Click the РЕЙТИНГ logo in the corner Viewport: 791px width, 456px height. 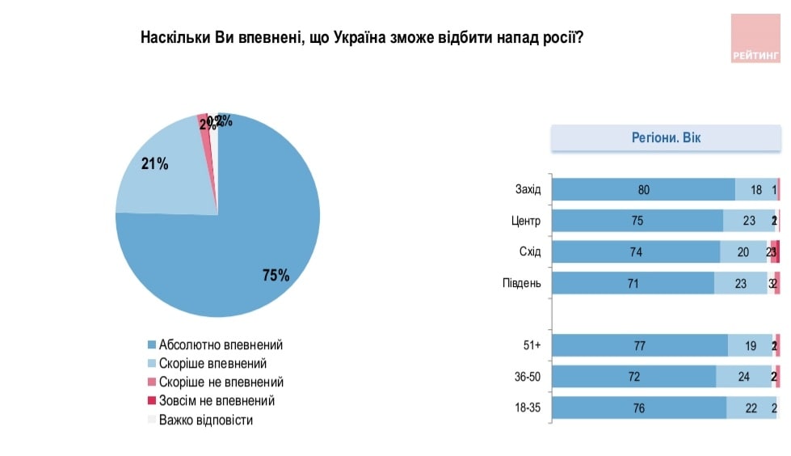(x=757, y=39)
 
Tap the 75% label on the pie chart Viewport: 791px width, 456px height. (x=276, y=275)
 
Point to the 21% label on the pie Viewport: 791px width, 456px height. (x=154, y=164)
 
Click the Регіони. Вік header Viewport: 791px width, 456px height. (x=666, y=138)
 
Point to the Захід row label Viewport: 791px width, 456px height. (x=528, y=191)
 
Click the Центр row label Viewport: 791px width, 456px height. (x=526, y=222)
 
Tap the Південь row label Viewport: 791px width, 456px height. (x=522, y=283)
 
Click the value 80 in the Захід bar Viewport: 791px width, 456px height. (x=643, y=191)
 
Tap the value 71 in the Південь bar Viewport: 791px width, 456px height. (x=633, y=283)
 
